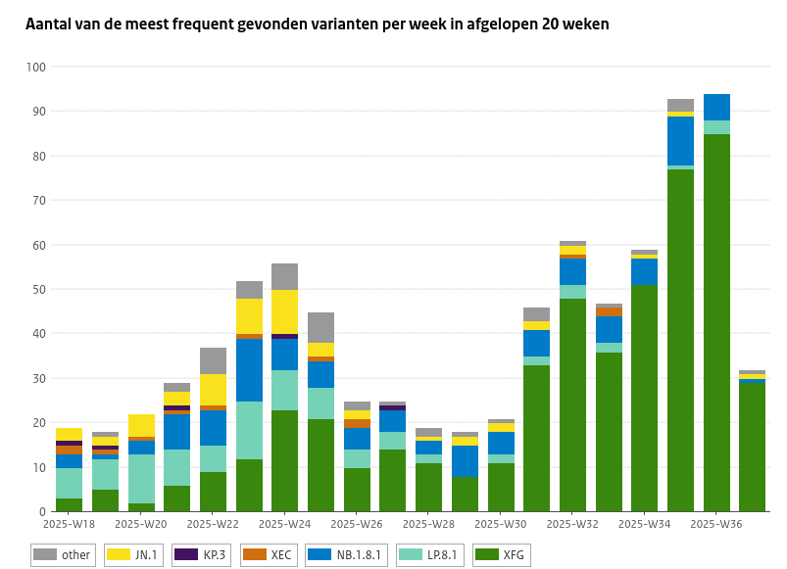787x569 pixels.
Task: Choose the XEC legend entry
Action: (x=271, y=555)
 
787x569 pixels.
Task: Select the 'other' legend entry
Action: (x=63, y=555)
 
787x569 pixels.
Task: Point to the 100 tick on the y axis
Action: (x=35, y=67)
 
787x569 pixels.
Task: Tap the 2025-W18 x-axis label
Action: (x=69, y=524)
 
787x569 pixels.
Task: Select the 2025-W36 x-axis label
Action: (x=716, y=524)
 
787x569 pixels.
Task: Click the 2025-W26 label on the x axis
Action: (x=357, y=524)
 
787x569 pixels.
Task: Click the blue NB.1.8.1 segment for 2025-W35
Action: (x=680, y=141)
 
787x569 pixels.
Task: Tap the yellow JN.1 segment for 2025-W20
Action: (x=141, y=425)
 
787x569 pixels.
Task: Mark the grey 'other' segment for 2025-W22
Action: (x=213, y=360)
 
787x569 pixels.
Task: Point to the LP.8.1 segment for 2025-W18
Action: (x=69, y=483)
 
